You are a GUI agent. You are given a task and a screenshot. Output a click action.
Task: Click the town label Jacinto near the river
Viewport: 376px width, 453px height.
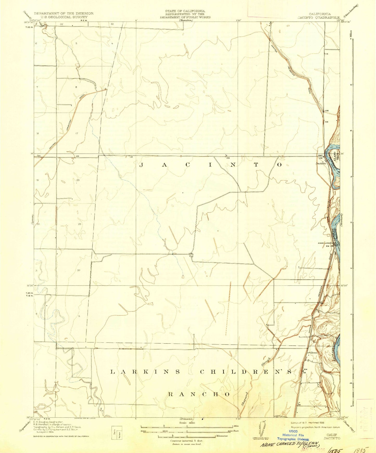click(321, 163)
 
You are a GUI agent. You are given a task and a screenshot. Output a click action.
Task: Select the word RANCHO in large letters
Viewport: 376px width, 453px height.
click(199, 394)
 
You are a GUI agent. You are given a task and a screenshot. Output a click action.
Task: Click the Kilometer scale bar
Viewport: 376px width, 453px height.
click(187, 436)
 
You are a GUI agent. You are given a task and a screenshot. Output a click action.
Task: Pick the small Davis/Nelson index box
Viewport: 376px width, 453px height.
click(117, 431)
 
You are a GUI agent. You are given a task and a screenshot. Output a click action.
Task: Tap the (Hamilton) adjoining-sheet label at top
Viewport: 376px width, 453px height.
click(186, 20)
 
